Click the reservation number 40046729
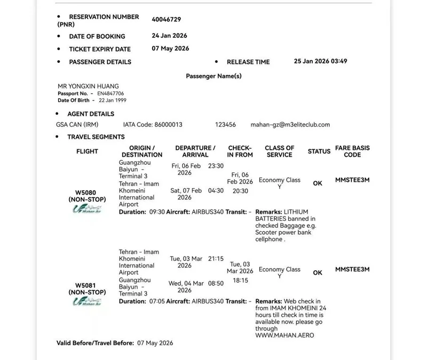tap(167, 20)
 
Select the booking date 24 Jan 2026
tap(170, 36)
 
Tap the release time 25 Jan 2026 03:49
tap(320, 61)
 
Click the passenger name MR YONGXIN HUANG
tap(88, 86)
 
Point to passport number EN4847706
tap(110, 93)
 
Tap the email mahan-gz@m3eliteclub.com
tap(290, 125)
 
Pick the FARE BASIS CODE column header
tap(352, 151)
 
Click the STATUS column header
tap(319, 151)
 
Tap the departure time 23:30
tap(216, 166)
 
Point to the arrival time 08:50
tap(216, 283)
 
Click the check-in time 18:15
tap(240, 280)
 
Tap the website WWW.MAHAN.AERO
tap(285, 335)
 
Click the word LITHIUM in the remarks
tap(296, 212)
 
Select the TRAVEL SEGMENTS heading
tap(96, 137)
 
